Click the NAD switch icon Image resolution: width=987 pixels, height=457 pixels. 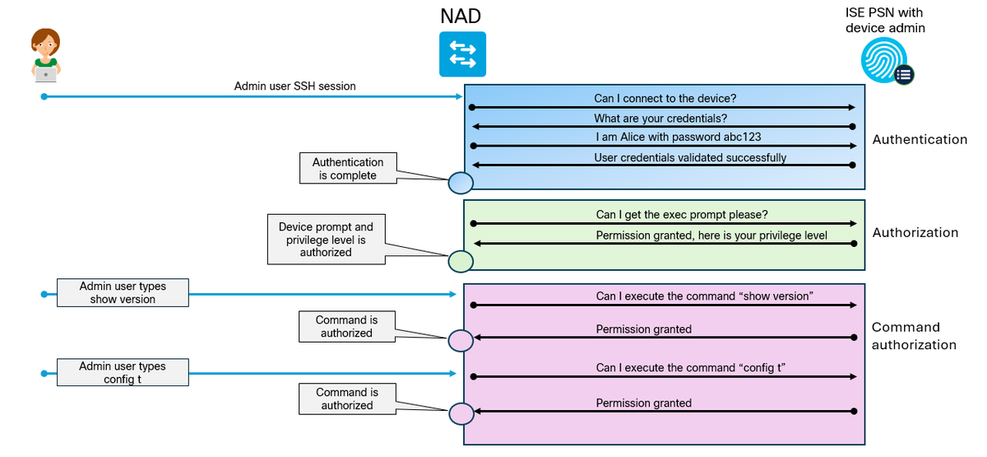462,54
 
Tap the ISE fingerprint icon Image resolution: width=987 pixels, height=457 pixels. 887,61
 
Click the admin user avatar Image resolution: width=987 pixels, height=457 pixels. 46,55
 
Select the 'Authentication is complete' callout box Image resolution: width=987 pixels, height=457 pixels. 348,168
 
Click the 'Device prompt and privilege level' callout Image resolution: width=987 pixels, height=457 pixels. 326,240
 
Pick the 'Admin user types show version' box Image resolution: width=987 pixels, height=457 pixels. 123,292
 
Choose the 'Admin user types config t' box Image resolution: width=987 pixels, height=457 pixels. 123,372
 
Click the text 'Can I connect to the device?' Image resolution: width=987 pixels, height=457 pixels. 665,98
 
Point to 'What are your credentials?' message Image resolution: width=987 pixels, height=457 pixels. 660,119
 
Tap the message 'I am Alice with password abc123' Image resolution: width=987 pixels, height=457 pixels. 679,137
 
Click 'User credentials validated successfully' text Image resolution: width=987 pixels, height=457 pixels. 690,157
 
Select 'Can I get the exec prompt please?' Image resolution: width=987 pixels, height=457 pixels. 682,214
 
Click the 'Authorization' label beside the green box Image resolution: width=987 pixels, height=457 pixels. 915,232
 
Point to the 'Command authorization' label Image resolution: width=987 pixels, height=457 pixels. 914,336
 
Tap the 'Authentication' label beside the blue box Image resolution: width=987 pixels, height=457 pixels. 920,139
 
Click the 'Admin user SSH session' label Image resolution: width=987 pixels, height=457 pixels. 294,86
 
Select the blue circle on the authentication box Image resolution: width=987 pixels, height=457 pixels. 461,183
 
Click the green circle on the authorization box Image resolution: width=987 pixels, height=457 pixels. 461,262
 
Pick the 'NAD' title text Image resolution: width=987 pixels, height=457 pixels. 461,16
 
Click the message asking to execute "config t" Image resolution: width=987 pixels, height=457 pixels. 690,367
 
